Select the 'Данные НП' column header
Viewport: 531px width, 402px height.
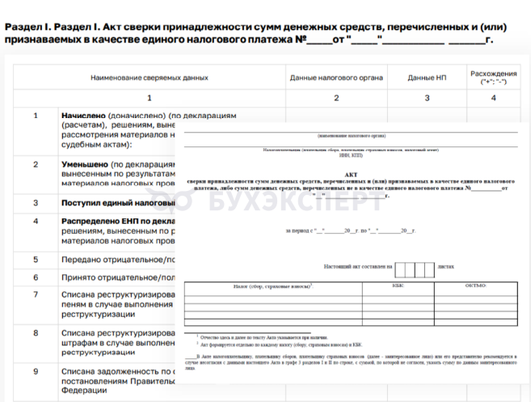pos(427,78)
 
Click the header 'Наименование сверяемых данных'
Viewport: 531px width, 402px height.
pos(150,78)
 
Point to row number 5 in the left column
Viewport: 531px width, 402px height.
pos(36,260)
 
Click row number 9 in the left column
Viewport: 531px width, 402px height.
pos(36,371)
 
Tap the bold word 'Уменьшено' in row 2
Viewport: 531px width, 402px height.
pos(86,164)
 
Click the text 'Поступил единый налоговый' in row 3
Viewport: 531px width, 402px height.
pos(117,202)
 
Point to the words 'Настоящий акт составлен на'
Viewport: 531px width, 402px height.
pos(357,265)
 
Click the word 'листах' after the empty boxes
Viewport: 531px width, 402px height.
pos(446,265)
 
